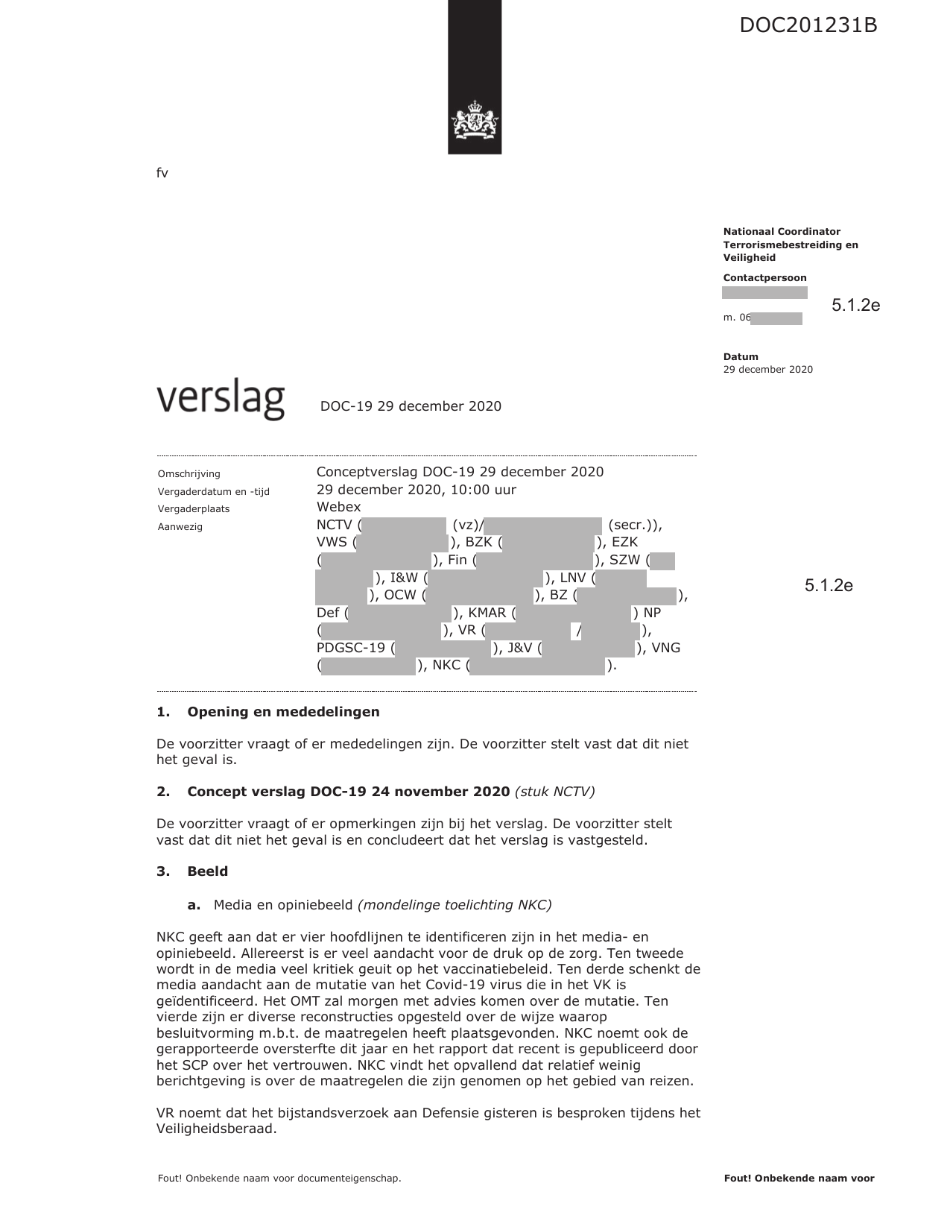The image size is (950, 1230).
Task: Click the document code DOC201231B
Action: pyautogui.click(x=808, y=25)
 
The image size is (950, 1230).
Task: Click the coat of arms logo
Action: pyautogui.click(x=474, y=123)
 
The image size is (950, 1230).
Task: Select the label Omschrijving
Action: pyautogui.click(x=189, y=474)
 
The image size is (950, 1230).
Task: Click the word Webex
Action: pyautogui.click(x=338, y=507)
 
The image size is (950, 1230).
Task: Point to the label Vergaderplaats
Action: pyautogui.click(x=194, y=509)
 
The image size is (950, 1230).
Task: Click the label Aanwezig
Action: pyautogui.click(x=180, y=527)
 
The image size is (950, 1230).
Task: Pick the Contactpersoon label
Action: pyautogui.click(x=764, y=278)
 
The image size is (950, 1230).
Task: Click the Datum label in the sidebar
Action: pyautogui.click(x=741, y=357)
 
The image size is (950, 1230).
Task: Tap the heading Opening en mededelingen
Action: pyautogui.click(x=283, y=712)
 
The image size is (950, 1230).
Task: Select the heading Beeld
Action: pyautogui.click(x=207, y=871)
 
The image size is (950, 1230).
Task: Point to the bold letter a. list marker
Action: pyautogui.click(x=194, y=905)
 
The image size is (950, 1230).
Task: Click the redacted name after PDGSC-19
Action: pyautogui.click(x=443, y=649)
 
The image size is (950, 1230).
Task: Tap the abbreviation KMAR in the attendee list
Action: pyautogui.click(x=487, y=614)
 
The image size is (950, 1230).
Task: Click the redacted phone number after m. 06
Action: pyautogui.click(x=776, y=318)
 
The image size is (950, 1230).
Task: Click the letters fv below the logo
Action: pyautogui.click(x=162, y=174)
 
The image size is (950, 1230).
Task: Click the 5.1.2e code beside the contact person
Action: pyautogui.click(x=855, y=305)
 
